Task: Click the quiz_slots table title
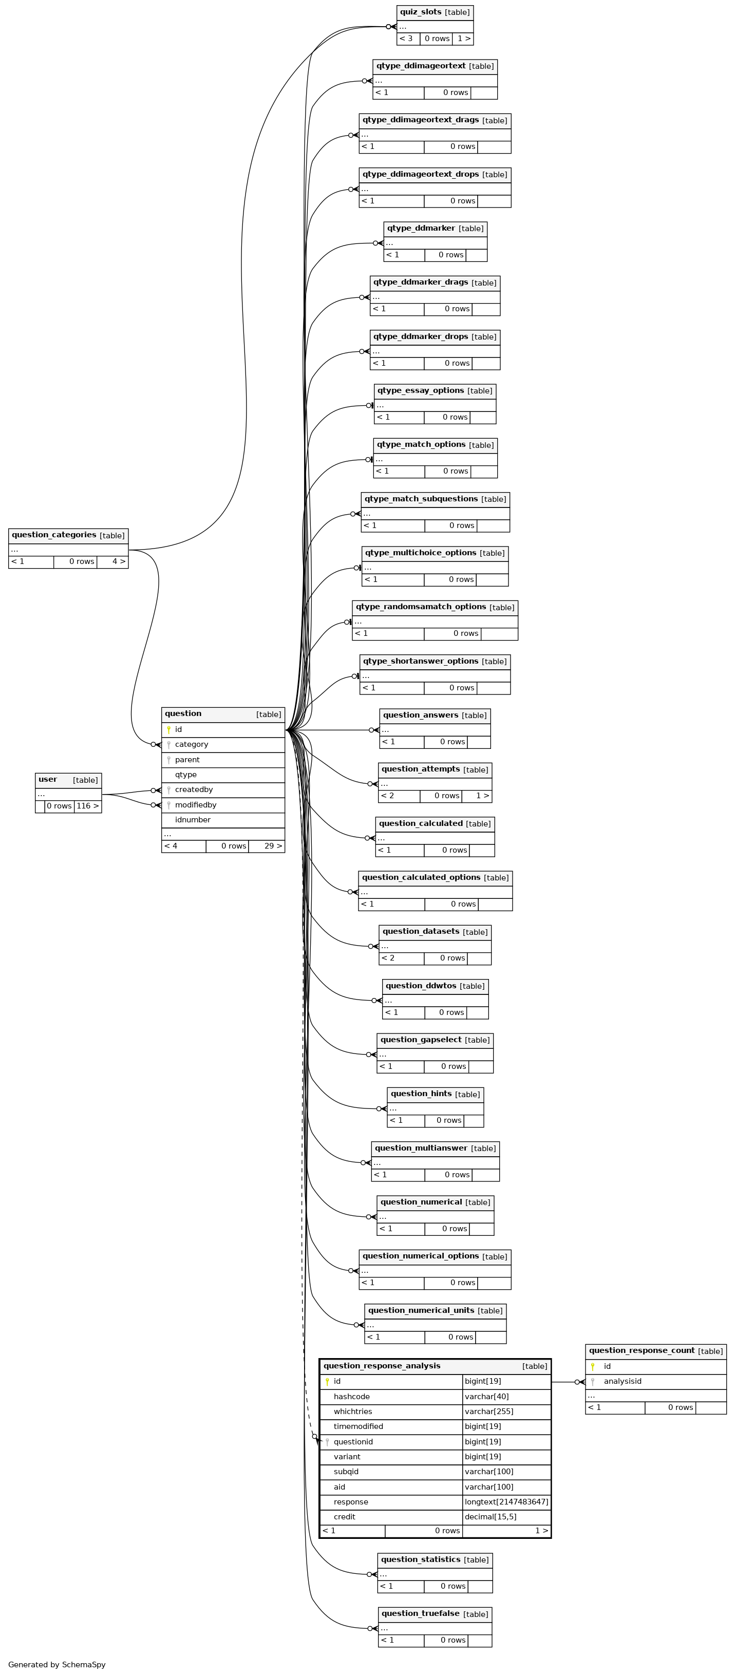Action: click(x=421, y=12)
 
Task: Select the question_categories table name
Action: click(x=54, y=535)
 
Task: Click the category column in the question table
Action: click(x=191, y=744)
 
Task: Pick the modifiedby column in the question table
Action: click(x=195, y=805)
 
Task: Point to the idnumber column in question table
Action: click(x=193, y=820)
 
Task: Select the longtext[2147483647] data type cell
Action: click(x=506, y=1502)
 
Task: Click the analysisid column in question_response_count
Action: click(x=623, y=1381)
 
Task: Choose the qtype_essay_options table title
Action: click(x=421, y=391)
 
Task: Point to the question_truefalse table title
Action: click(x=420, y=1613)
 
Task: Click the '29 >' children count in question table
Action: click(x=273, y=846)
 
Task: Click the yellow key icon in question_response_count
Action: click(x=593, y=1366)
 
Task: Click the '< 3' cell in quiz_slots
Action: click(x=406, y=39)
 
